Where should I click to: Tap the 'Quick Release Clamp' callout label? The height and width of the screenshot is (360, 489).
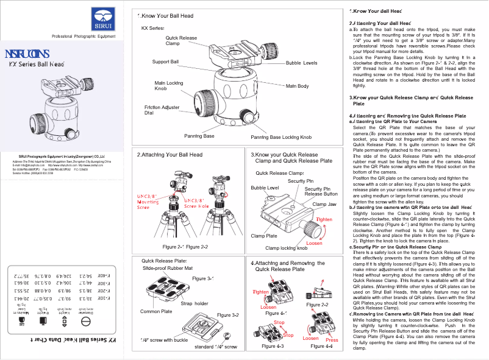181,41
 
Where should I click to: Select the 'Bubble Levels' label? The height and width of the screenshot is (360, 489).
301,63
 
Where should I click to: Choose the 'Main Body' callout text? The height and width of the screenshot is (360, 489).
297,86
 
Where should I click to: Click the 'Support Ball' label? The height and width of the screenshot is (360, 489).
165,62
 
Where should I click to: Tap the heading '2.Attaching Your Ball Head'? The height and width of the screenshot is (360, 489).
170,155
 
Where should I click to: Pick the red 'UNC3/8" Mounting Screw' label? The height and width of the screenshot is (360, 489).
148,202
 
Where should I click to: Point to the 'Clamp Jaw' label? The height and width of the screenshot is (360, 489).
324,204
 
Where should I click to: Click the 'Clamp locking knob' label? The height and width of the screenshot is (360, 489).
286,249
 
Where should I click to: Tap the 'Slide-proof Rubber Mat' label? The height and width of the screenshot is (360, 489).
167,268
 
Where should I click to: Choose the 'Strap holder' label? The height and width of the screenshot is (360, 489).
195,303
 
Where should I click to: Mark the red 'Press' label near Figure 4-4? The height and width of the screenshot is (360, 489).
332,340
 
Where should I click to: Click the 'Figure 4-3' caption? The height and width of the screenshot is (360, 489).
272,346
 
